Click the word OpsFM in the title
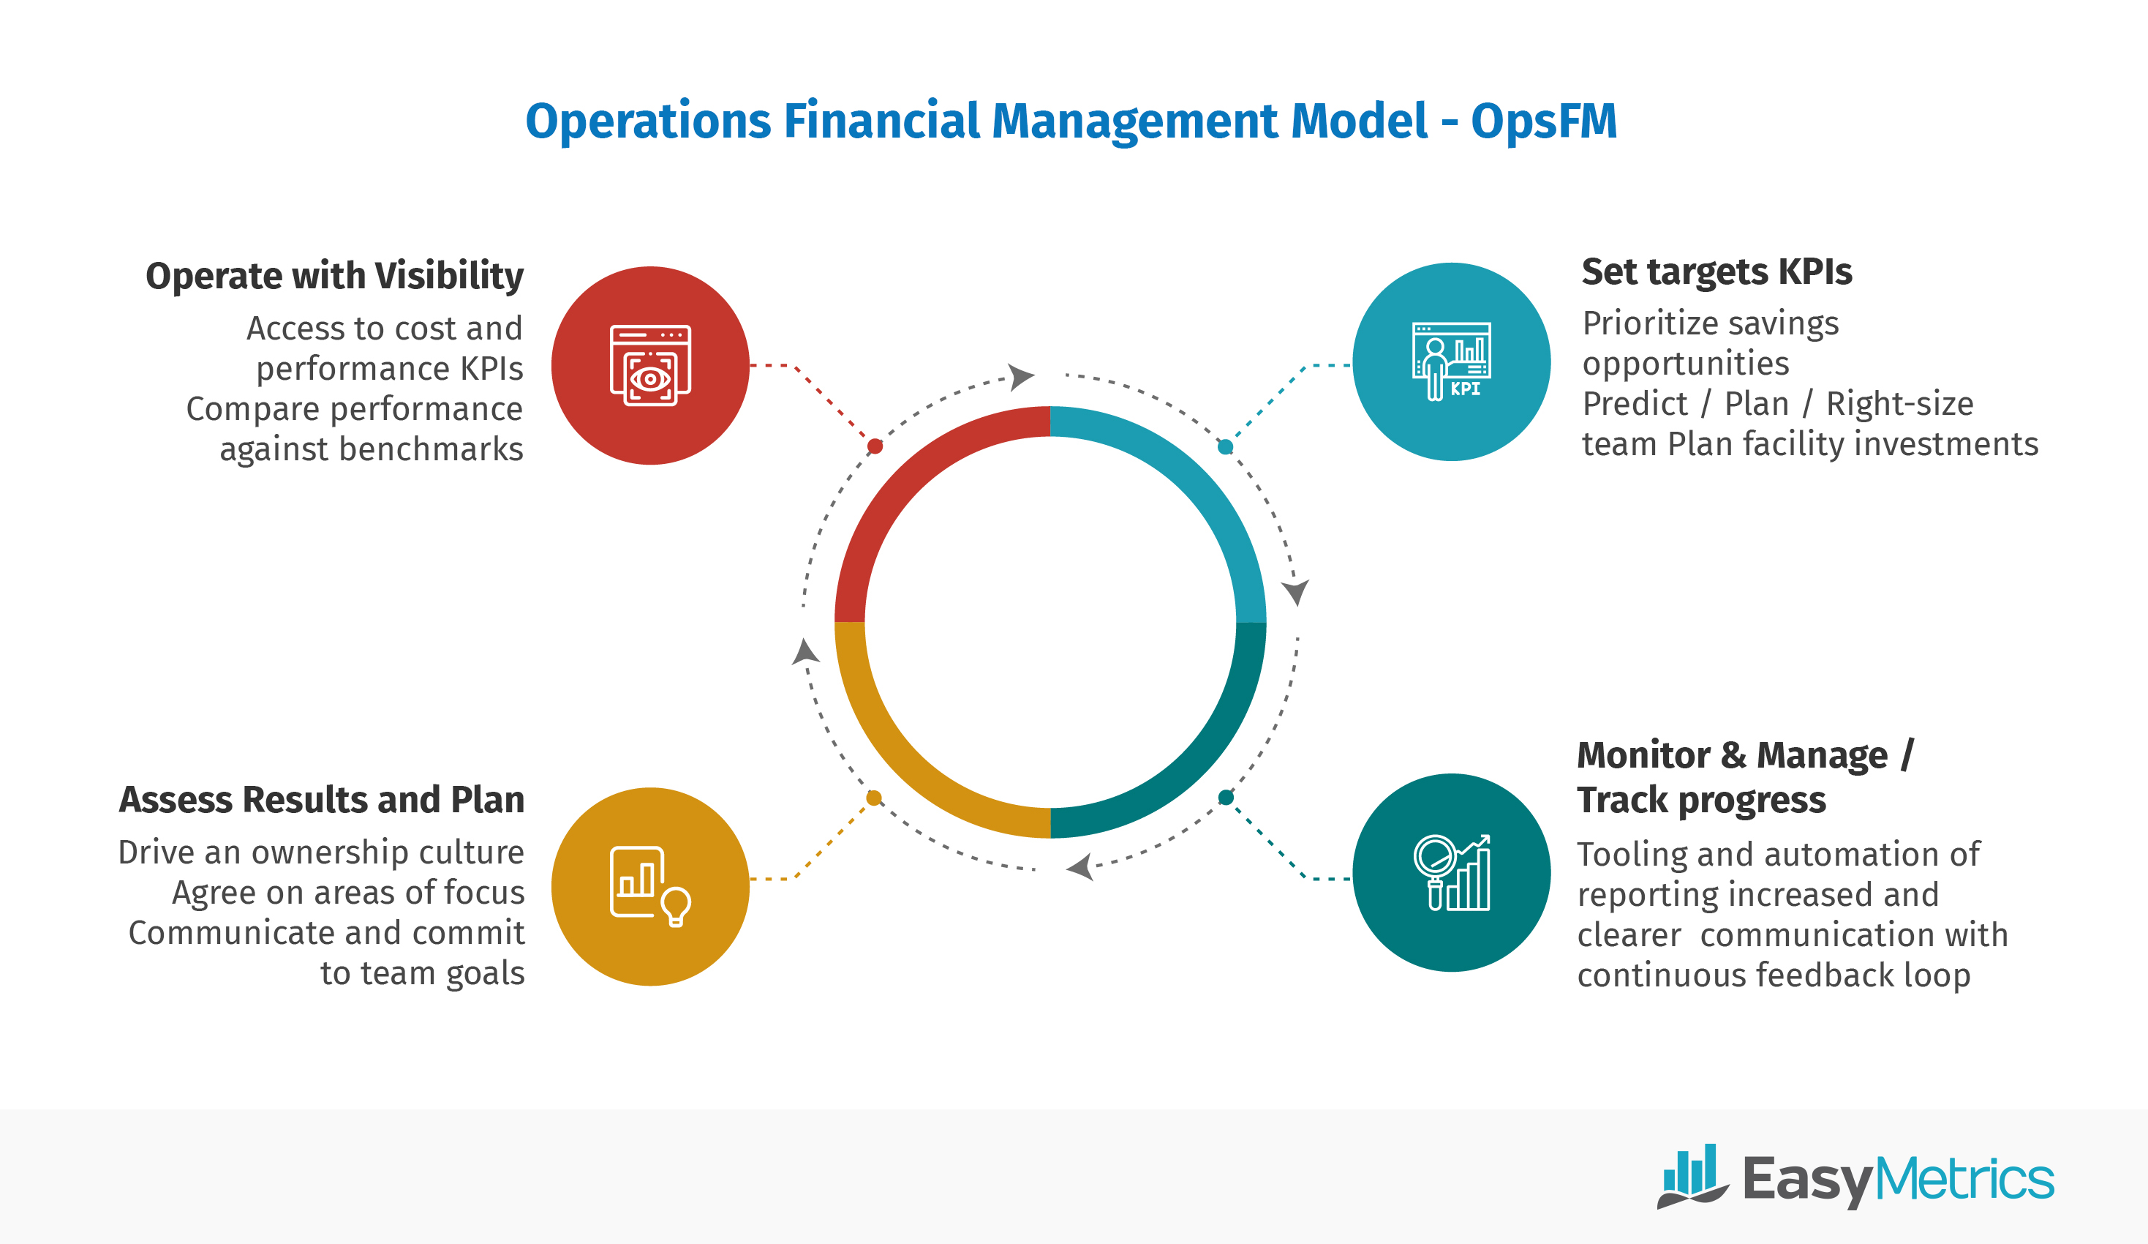[x=1543, y=121]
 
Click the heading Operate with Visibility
[x=334, y=277]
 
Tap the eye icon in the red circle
[x=650, y=367]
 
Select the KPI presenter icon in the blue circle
[x=1452, y=361]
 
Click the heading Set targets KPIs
[x=1716, y=272]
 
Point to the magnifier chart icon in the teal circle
[x=1452, y=873]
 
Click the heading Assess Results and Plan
[x=321, y=800]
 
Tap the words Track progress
[x=1700, y=800]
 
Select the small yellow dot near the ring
[x=874, y=798]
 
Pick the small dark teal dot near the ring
[x=1226, y=798]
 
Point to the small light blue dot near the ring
[x=1225, y=447]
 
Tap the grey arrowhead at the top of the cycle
[x=1020, y=376]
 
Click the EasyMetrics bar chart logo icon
[x=1691, y=1177]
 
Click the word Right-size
[x=1899, y=403]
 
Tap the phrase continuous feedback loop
[x=1773, y=975]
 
